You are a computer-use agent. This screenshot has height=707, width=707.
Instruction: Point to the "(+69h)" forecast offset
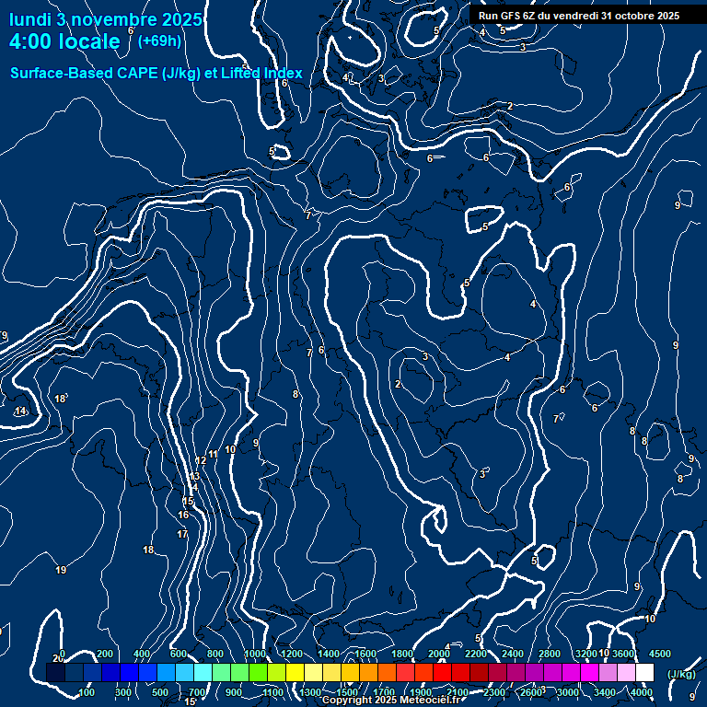(159, 41)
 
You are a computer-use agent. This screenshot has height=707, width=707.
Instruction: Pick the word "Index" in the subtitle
(282, 73)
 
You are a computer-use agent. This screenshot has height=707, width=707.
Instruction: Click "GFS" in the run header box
(509, 16)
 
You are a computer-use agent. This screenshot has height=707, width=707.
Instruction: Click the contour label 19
(61, 571)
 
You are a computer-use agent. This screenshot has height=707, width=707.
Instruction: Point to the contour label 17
(182, 534)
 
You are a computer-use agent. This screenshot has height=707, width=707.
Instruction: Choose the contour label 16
(184, 516)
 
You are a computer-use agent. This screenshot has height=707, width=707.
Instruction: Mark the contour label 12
(201, 460)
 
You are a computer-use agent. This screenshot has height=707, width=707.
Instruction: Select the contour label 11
(213, 454)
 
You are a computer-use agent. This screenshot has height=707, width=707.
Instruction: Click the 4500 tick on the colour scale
(659, 654)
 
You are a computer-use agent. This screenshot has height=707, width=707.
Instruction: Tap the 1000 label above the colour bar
(254, 654)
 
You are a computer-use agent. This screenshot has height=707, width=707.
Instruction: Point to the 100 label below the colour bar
(87, 692)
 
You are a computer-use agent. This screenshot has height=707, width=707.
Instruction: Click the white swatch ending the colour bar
(644, 673)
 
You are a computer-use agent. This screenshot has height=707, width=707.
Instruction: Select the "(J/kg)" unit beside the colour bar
(680, 675)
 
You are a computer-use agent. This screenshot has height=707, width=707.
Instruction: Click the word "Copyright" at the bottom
(347, 701)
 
